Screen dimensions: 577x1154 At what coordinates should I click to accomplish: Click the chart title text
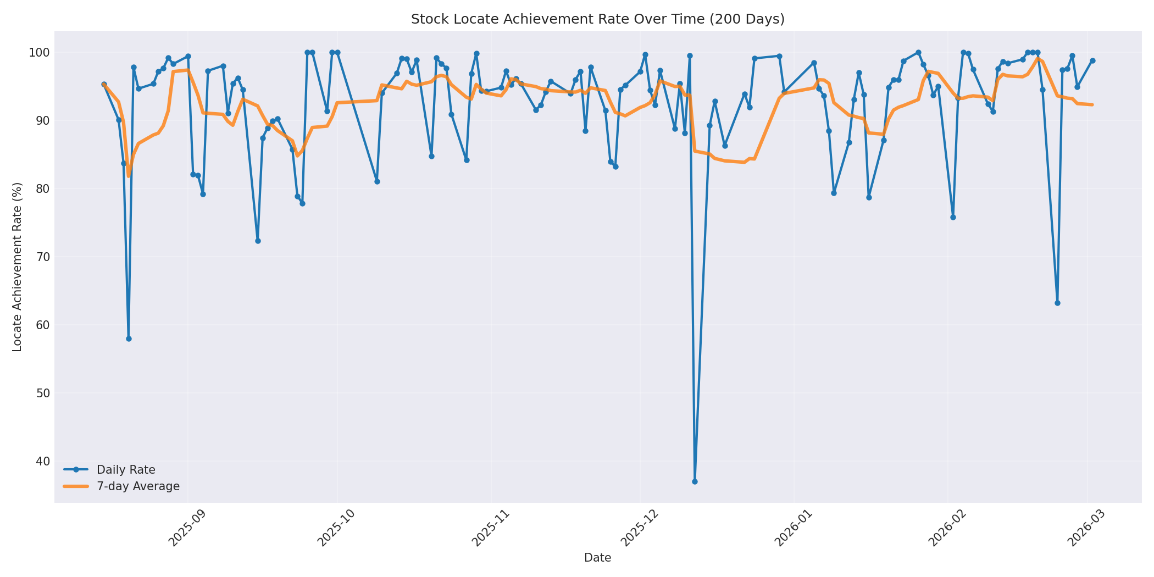point(597,19)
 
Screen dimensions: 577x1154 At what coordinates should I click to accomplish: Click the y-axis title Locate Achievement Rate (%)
point(17,267)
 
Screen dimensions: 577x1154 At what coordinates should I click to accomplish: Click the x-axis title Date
point(597,558)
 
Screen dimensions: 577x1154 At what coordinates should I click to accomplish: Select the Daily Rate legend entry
point(126,470)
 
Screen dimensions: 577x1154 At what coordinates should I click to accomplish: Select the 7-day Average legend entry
point(138,486)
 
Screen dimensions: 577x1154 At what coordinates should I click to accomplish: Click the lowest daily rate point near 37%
point(695,481)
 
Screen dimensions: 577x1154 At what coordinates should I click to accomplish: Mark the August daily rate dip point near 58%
point(129,339)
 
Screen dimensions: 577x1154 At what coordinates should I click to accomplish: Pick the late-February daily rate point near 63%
point(1057,303)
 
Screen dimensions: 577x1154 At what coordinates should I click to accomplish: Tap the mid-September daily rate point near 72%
point(258,241)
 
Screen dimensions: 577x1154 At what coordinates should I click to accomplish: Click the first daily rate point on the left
point(104,85)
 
